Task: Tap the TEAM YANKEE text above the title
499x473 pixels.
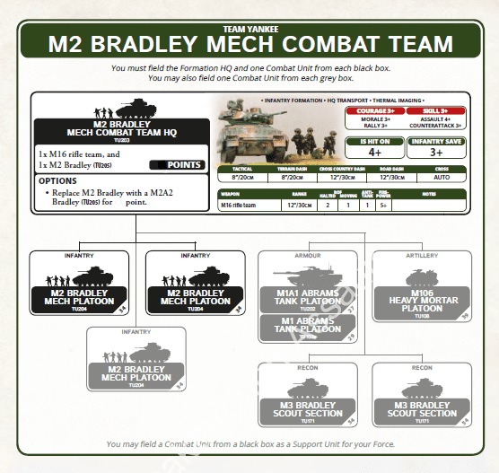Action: click(249, 29)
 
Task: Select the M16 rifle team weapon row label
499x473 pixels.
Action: click(241, 205)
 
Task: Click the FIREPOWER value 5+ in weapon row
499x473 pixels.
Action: click(384, 205)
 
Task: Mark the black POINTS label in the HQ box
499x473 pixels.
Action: click(184, 165)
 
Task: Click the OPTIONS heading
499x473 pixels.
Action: click(57, 180)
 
